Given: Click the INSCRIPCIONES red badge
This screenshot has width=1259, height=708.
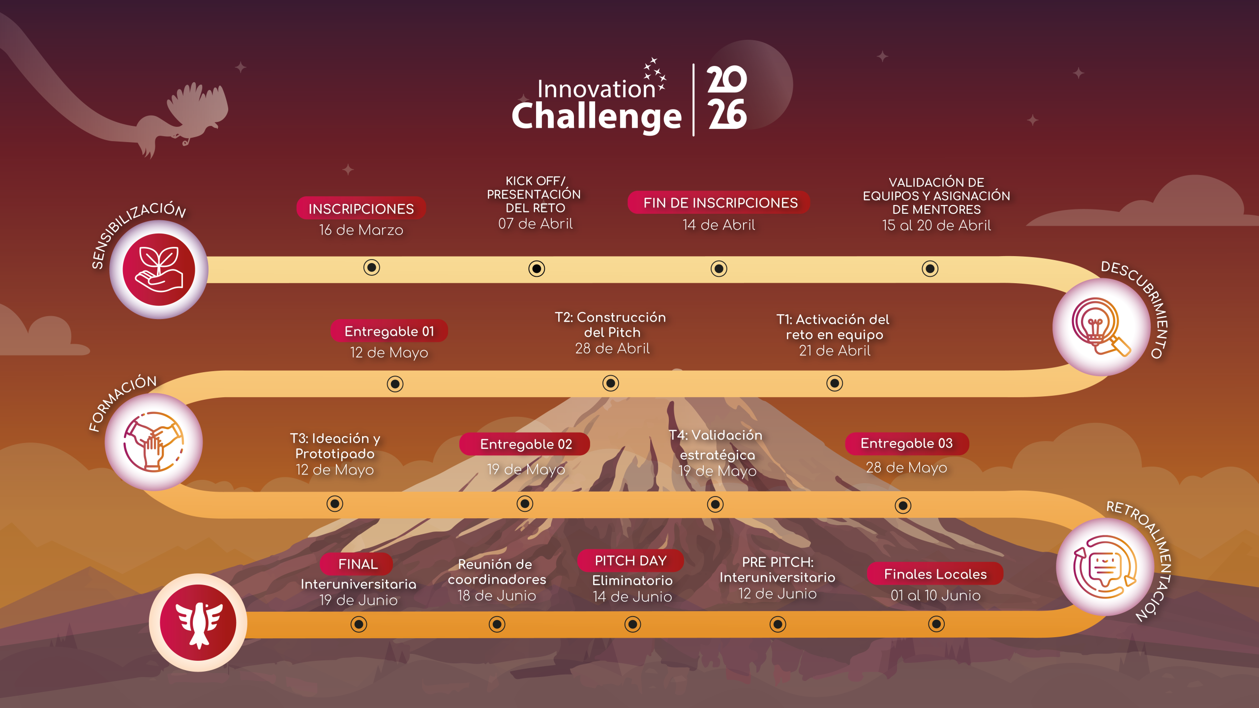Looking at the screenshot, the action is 361,208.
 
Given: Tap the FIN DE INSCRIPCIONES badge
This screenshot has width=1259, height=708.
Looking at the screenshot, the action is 719,203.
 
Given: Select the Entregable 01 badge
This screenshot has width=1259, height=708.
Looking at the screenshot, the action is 389,331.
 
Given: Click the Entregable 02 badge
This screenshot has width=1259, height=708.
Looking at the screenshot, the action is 525,444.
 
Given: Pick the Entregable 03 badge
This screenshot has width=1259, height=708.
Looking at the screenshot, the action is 907,443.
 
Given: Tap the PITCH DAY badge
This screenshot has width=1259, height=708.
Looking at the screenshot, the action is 630,560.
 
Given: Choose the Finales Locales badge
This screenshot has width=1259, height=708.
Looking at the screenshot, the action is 935,574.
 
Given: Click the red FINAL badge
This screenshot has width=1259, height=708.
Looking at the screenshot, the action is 357,564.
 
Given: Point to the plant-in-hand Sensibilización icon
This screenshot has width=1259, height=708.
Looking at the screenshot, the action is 158,269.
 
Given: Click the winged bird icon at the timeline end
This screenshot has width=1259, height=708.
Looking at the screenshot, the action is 198,622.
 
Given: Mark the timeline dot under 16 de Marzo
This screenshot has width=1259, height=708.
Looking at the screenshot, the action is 372,267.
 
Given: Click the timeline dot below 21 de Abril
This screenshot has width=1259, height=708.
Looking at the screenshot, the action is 835,383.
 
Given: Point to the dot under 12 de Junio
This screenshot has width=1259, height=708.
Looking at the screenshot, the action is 778,624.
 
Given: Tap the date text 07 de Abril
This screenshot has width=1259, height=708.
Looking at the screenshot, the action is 536,224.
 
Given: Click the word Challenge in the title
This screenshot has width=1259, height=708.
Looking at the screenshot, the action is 597,117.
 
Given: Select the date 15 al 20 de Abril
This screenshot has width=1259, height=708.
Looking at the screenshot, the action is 936,225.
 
